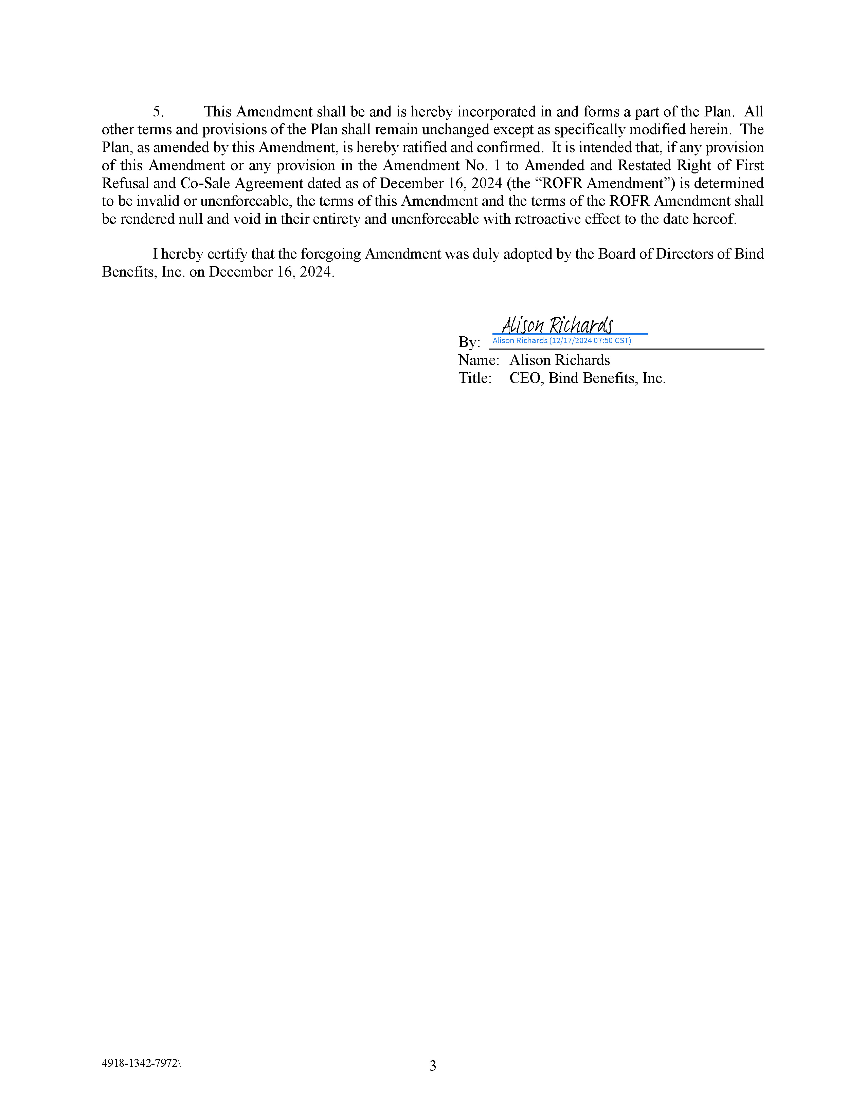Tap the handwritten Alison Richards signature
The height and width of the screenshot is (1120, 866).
[557, 325]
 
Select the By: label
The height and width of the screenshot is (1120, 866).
[469, 342]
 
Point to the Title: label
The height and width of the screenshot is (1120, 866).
[474, 378]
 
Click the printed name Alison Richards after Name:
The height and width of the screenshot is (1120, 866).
[559, 360]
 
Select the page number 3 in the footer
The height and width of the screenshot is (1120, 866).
[432, 1066]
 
